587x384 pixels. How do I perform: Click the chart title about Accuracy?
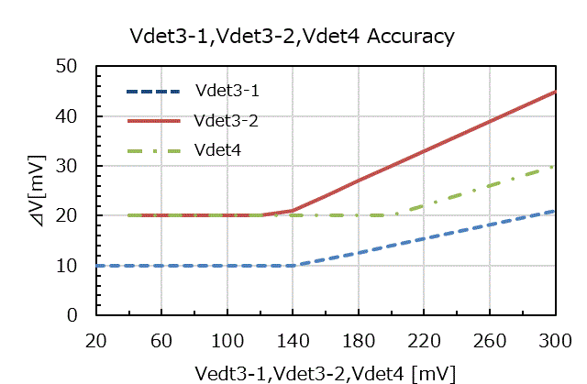tap(293, 37)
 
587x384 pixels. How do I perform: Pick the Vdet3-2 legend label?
tap(227, 119)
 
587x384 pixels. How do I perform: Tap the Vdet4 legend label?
tap(217, 148)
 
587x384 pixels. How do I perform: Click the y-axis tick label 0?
tap(80, 315)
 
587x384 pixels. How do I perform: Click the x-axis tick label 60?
tap(161, 339)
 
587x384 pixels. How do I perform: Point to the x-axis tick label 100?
tap(227, 339)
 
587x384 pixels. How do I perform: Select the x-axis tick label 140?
tap(292, 339)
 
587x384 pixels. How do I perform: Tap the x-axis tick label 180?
tap(358, 339)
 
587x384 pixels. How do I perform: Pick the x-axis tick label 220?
tap(424, 339)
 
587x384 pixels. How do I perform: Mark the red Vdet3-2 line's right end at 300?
tap(555, 92)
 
